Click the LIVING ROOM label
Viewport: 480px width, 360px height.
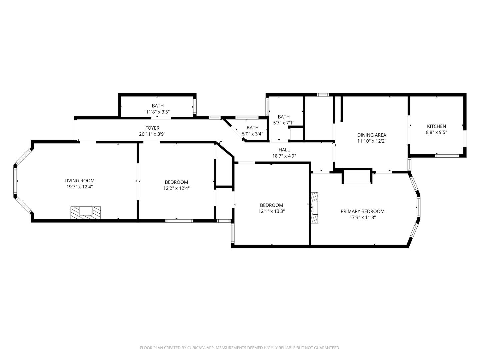pyautogui.click(x=79, y=181)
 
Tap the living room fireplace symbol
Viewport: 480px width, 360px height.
pyautogui.click(x=85, y=212)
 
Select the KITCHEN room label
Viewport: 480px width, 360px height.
pyautogui.click(x=436, y=126)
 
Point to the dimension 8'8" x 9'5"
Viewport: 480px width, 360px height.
pyautogui.click(x=436, y=132)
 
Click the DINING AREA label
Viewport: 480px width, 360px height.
pyautogui.click(x=372, y=135)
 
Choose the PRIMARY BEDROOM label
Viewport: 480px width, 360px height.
pyautogui.click(x=362, y=211)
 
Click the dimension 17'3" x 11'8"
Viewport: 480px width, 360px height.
pyautogui.click(x=362, y=217)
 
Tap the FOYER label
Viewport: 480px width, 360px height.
pyautogui.click(x=152, y=128)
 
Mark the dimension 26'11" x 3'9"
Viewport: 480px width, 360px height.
pyautogui.click(x=152, y=134)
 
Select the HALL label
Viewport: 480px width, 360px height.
pyautogui.click(x=284, y=150)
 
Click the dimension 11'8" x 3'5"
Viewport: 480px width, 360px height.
pyautogui.click(x=158, y=112)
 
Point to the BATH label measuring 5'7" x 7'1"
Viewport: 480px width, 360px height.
pyautogui.click(x=284, y=117)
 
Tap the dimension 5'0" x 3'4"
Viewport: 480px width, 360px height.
pyautogui.click(x=252, y=134)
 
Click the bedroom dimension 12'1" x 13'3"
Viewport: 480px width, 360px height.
pyautogui.click(x=271, y=211)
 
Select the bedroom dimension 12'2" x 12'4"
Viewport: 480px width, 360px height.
pyautogui.click(x=176, y=188)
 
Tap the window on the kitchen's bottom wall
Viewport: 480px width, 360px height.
pyautogui.click(x=447, y=155)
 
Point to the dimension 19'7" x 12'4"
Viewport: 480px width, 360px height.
pyautogui.click(x=79, y=187)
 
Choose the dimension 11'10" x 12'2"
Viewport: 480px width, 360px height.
pyautogui.click(x=372, y=141)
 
